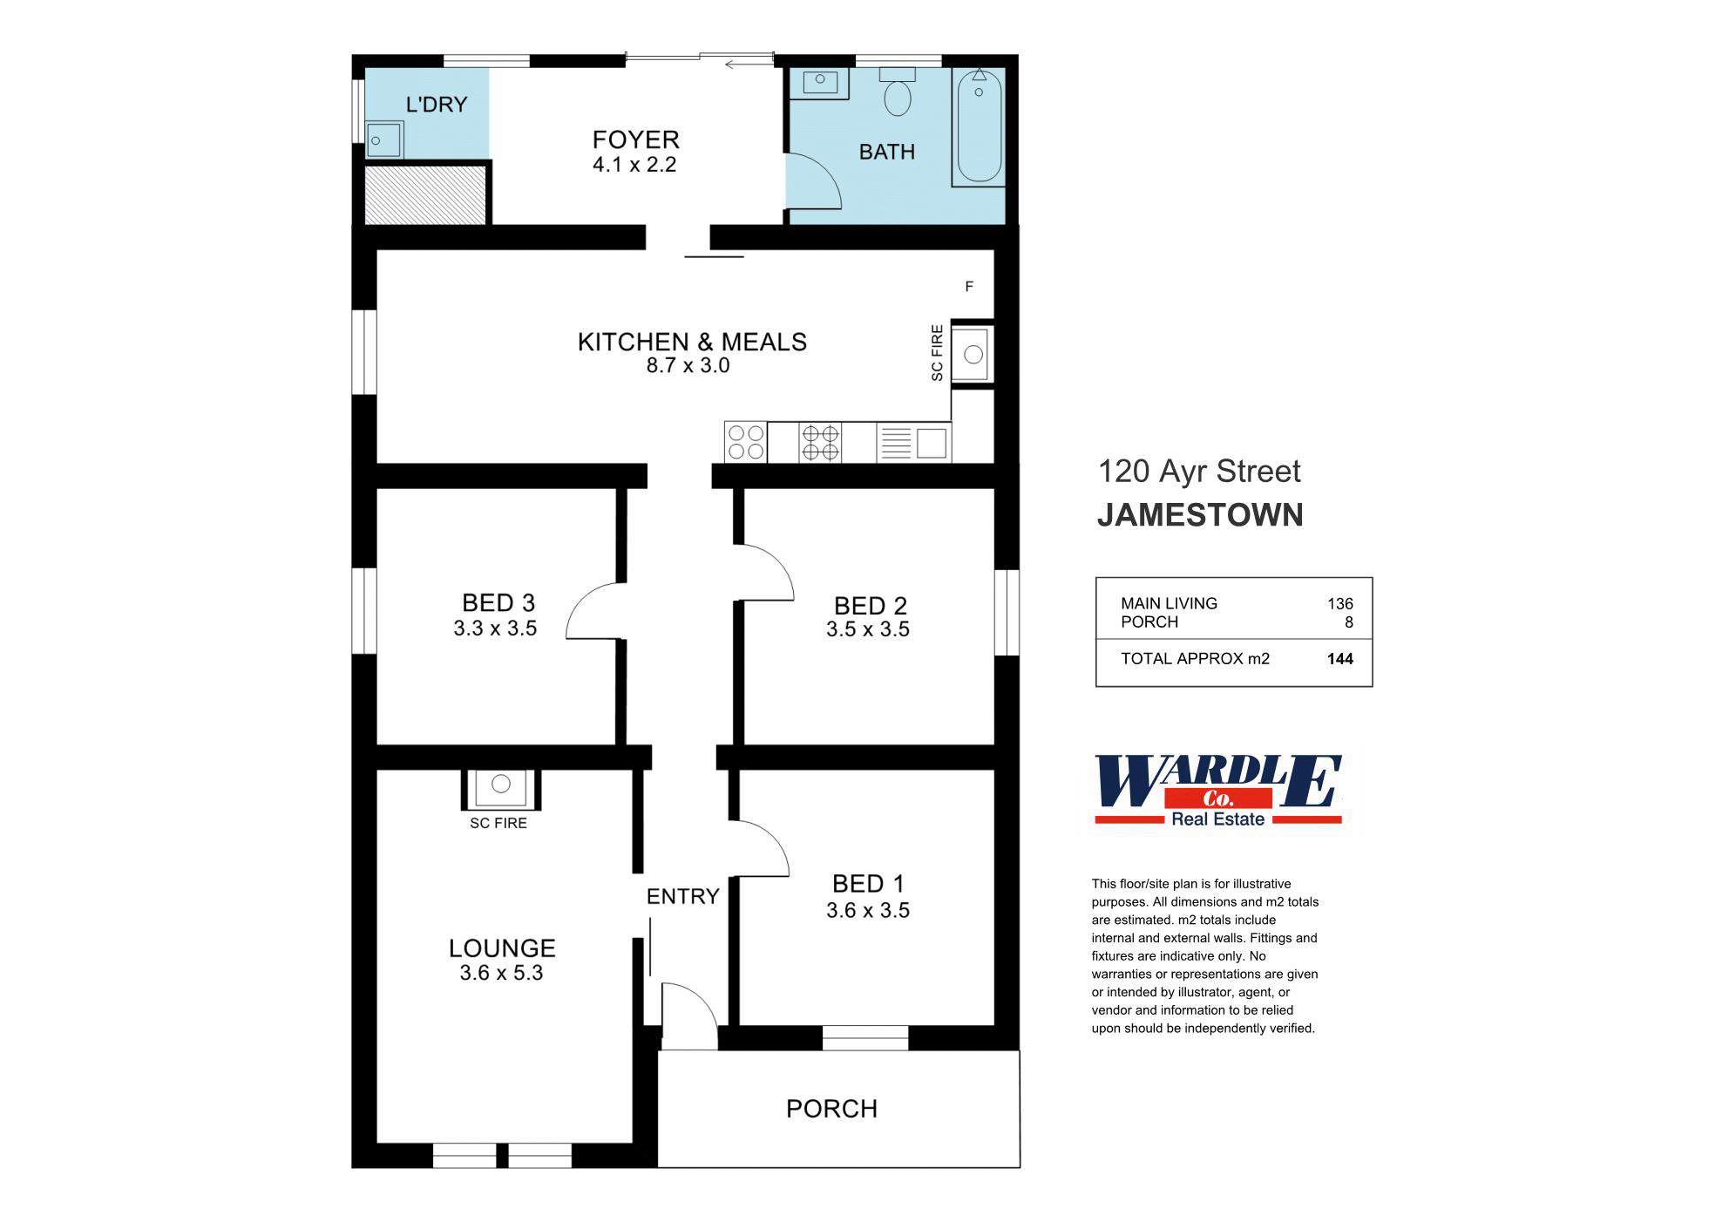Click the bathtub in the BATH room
[x=979, y=126]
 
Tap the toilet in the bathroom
[x=897, y=95]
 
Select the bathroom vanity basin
[x=819, y=82]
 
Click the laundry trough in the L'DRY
[x=383, y=140]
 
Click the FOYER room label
[x=635, y=139]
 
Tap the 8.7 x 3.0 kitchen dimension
[x=688, y=366]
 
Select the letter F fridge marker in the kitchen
[x=969, y=287]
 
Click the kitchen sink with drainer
[x=913, y=443]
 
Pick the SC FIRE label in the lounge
[x=498, y=823]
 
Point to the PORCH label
[x=831, y=1109]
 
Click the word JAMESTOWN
[x=1199, y=515]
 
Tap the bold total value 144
[x=1339, y=659]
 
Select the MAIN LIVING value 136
[x=1339, y=603]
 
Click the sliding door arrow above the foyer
[x=742, y=64]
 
